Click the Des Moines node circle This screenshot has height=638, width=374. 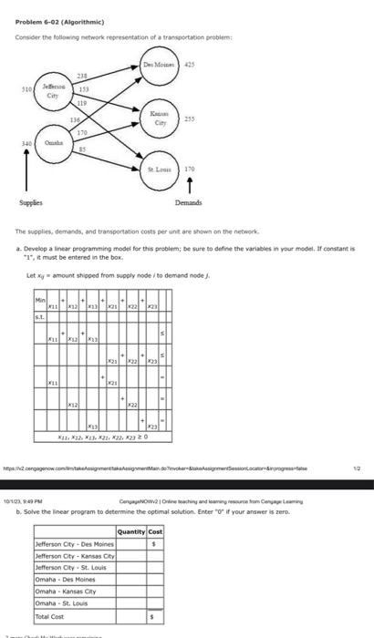click(x=158, y=66)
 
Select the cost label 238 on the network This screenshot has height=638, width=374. click(x=80, y=74)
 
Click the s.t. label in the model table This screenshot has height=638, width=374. click(x=39, y=317)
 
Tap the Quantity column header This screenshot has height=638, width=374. click(x=130, y=531)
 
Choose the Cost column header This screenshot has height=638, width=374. click(x=154, y=531)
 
